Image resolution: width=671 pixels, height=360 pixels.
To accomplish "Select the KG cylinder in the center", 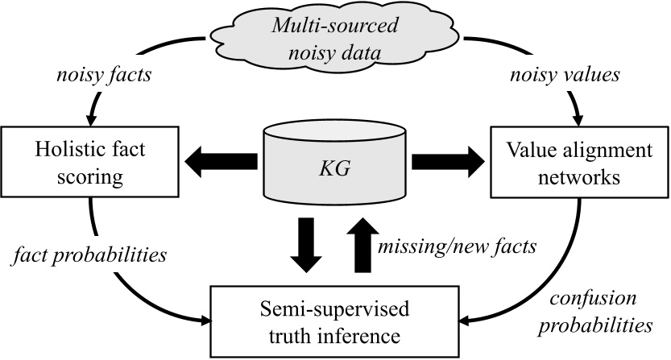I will click(x=335, y=167).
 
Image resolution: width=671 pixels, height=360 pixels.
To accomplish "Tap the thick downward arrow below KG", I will click(x=305, y=246).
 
